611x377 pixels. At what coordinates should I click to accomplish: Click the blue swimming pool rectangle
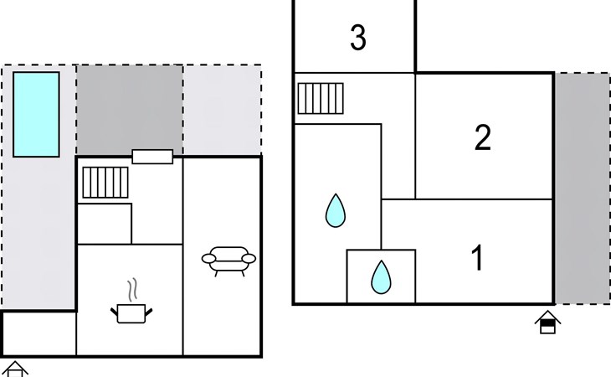[36, 114]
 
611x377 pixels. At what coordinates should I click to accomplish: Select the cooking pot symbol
[131, 313]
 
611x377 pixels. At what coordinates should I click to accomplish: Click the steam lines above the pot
[133, 289]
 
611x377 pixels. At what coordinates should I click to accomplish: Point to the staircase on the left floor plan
[105, 183]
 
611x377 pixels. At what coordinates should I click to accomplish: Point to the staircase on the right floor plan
[321, 98]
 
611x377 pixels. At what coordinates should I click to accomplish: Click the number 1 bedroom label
[477, 258]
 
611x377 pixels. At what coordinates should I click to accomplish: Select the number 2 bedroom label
[483, 137]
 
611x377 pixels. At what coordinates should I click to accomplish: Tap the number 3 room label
[358, 38]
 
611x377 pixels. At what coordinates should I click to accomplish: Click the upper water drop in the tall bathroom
[336, 210]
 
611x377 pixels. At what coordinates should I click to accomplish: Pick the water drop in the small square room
[381, 277]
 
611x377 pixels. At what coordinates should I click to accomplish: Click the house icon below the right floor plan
[547, 322]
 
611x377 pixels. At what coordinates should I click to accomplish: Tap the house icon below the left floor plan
[15, 369]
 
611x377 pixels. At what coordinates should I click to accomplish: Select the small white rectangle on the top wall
[152, 157]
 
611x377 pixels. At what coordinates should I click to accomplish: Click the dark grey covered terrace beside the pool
[130, 110]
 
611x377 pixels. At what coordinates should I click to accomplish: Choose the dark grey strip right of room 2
[583, 188]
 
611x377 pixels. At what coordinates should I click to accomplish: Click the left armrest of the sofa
[208, 259]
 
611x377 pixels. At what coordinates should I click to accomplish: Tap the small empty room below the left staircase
[105, 224]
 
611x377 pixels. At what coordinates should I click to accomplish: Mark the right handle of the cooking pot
[148, 312]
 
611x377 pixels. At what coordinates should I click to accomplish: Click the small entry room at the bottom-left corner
[39, 333]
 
